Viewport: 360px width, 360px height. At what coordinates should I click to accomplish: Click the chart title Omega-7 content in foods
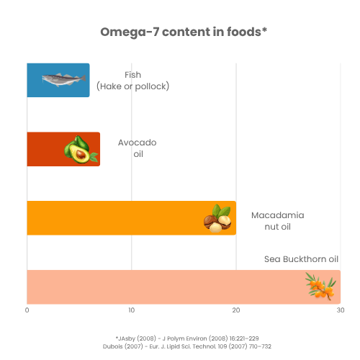click(x=180, y=32)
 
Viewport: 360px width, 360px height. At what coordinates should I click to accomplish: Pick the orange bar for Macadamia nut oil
click(x=108, y=217)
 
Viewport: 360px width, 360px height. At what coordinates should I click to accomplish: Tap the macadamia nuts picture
click(x=217, y=218)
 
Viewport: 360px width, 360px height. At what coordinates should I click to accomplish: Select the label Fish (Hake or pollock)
click(x=132, y=81)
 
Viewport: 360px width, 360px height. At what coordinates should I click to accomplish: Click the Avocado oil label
click(x=137, y=148)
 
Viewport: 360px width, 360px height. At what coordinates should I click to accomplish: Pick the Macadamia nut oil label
click(x=277, y=221)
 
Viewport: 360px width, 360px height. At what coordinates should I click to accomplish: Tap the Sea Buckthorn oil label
click(x=301, y=259)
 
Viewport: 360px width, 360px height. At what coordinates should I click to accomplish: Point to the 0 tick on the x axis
click(x=27, y=311)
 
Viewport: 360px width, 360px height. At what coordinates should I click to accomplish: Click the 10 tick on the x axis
click(x=131, y=311)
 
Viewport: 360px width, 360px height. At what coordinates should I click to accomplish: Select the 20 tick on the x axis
click(x=235, y=311)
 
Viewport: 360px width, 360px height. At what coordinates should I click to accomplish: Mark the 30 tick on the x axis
click(x=340, y=311)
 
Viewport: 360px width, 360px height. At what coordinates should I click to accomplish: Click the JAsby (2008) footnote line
click(x=186, y=337)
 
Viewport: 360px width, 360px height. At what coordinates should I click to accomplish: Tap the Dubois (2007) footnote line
click(x=186, y=346)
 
